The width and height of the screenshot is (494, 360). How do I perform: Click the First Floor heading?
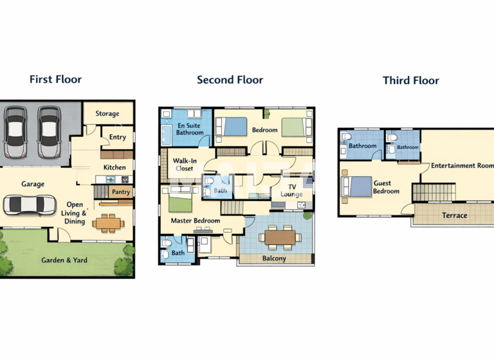pyautogui.click(x=55, y=80)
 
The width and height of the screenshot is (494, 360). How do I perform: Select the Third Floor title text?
pyautogui.click(x=410, y=80)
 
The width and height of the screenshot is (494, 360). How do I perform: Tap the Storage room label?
pyautogui.click(x=107, y=114)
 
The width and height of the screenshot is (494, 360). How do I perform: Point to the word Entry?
pyautogui.click(x=118, y=137)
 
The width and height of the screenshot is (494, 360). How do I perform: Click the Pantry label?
pyautogui.click(x=121, y=192)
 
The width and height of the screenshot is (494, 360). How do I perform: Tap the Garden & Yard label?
pyautogui.click(x=64, y=260)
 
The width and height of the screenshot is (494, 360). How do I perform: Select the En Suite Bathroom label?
pyautogui.click(x=190, y=129)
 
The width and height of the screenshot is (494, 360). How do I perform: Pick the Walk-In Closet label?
pyautogui.click(x=185, y=164)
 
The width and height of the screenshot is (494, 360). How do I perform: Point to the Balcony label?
pyautogui.click(x=275, y=258)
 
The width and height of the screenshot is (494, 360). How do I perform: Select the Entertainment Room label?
pyautogui.click(x=462, y=166)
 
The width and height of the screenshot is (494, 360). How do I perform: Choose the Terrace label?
pyautogui.click(x=454, y=215)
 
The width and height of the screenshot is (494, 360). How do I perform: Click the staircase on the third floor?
pyautogui.click(x=425, y=192)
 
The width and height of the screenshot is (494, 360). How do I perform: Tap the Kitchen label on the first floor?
pyautogui.click(x=115, y=168)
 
